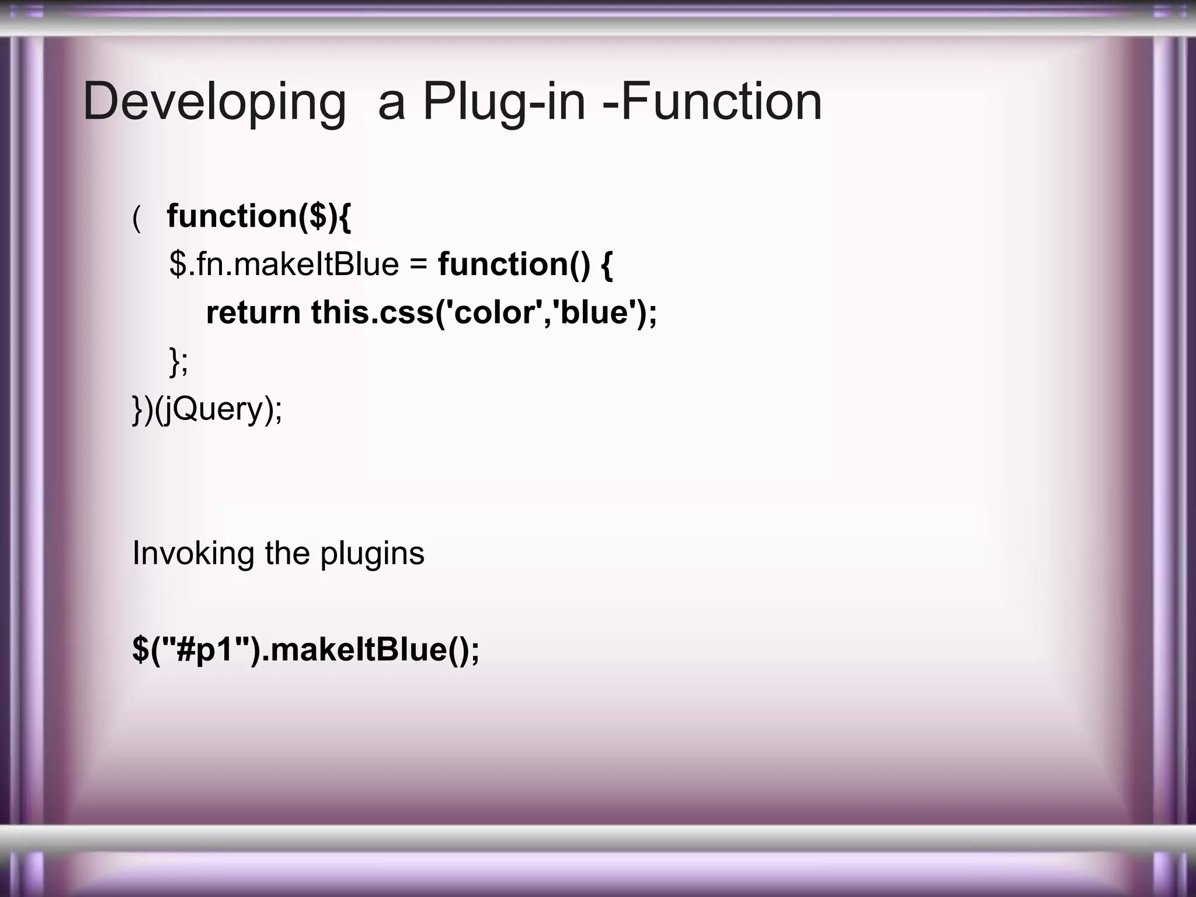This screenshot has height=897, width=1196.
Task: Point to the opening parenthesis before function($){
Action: coord(137,218)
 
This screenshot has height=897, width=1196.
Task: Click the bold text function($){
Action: coord(259,216)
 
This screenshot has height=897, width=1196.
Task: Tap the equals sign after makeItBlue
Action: coord(418,264)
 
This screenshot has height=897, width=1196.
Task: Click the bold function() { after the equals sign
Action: coord(525,264)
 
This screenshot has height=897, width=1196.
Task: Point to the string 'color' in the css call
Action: coord(494,312)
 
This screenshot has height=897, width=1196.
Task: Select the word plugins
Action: coord(372,553)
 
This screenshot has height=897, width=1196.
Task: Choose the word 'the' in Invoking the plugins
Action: coord(287,553)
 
